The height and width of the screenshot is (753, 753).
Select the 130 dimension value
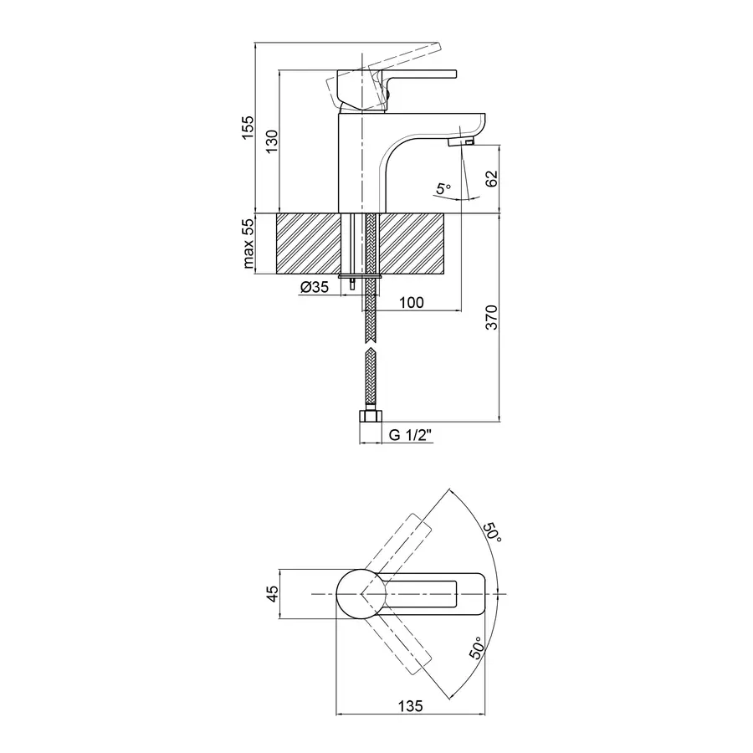270,144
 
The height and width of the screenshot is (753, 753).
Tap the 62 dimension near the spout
491,178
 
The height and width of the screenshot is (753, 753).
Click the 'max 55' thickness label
248,243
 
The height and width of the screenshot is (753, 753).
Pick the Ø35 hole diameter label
313,288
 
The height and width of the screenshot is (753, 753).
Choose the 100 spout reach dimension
412,302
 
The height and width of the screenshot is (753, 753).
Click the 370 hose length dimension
492,318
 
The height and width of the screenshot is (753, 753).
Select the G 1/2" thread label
410,436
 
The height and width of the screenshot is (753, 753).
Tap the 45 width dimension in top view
270,593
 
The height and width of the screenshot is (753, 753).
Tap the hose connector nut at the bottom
368,416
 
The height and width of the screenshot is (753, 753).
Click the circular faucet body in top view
361,593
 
